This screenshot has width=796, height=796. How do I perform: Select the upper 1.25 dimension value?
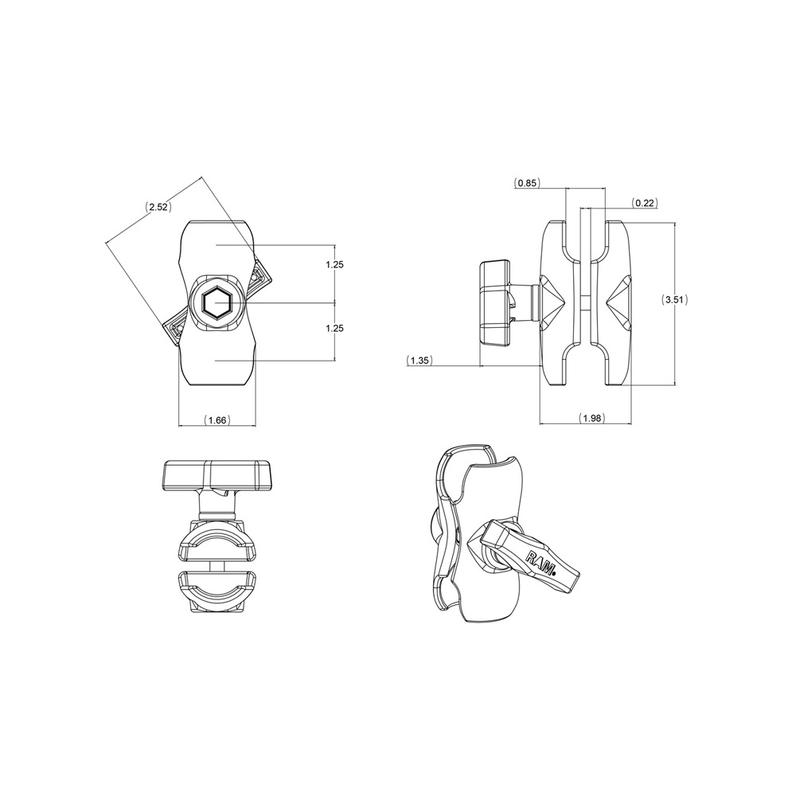334,264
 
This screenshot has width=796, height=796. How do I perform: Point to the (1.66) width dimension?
217,419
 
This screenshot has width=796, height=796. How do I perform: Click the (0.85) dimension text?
527,183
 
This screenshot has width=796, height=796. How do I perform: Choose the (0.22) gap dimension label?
645,204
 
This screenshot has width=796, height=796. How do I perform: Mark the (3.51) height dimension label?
675,300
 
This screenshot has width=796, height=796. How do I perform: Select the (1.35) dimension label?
419,361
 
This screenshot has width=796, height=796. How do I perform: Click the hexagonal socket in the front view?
216,303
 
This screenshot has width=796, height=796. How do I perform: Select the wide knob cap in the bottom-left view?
217,475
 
